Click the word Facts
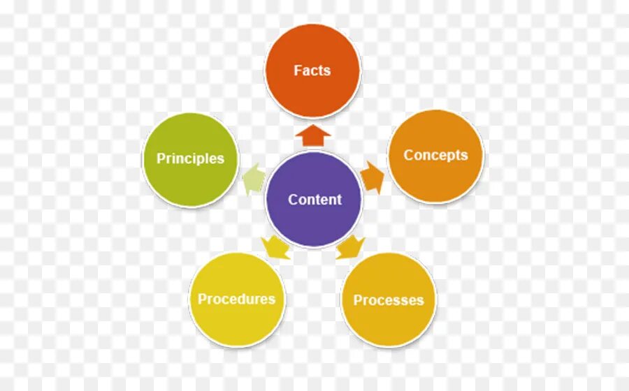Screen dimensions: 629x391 (312, 71)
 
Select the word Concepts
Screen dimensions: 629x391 (435, 155)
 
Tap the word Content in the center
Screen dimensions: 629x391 (314, 200)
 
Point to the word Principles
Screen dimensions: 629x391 (190, 158)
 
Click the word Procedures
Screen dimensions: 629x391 (236, 299)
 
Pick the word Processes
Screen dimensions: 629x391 (389, 300)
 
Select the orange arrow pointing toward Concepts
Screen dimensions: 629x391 (373, 178)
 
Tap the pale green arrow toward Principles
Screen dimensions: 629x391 (252, 179)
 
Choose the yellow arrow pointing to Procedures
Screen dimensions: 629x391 (276, 246)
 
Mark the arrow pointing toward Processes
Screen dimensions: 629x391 (350, 247)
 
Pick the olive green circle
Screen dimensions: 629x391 (190, 182)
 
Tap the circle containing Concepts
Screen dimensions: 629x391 (435, 178)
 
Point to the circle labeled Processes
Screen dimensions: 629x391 (389, 324)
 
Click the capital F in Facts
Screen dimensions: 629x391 (298, 71)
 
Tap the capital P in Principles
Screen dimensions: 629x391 (160, 158)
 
